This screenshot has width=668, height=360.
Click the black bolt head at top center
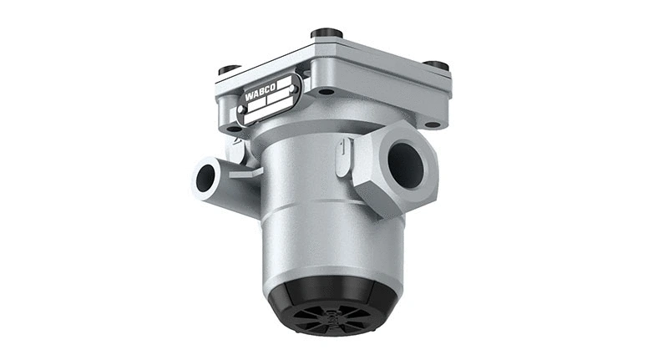[x=326, y=34]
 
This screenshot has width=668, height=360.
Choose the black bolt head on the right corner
[x=435, y=66]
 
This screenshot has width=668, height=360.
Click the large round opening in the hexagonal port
[x=407, y=165]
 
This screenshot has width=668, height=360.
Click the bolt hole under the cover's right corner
[x=432, y=124]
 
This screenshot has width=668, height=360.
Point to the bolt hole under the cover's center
[x=326, y=91]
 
